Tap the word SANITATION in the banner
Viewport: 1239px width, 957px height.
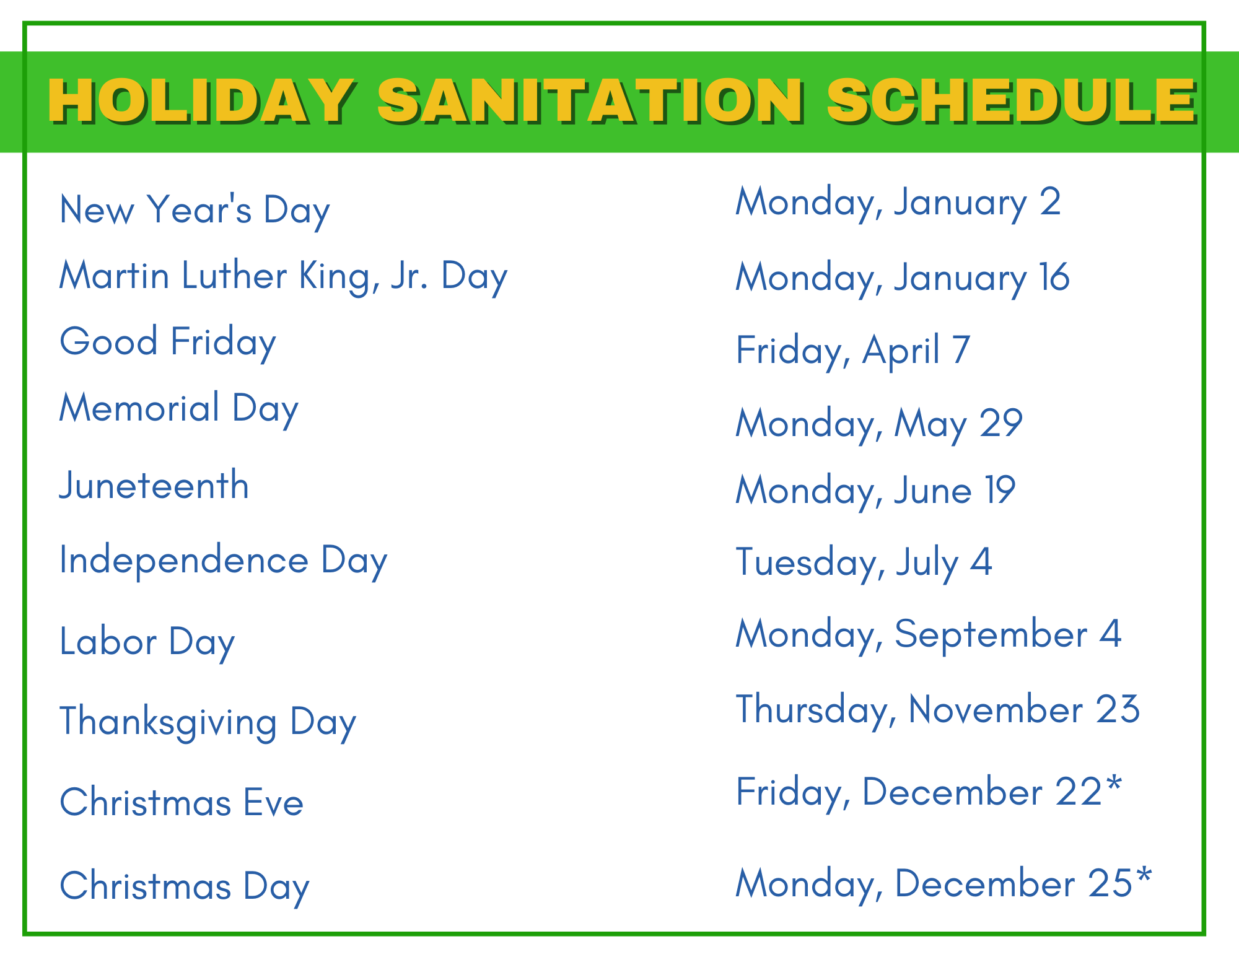592,101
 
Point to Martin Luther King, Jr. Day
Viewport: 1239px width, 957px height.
284,277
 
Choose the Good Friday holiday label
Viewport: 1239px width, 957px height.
168,343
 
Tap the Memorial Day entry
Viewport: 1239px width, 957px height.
179,409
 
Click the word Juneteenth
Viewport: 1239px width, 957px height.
154,485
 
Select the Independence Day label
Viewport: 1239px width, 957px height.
224,561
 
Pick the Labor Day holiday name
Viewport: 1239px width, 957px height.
147,642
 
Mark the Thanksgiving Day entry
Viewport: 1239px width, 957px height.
208,723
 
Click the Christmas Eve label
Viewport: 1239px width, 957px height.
182,803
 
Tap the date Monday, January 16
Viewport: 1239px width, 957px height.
903,278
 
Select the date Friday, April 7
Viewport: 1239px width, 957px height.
853,351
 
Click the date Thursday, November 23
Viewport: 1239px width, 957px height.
938,710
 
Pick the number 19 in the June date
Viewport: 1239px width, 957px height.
1000,491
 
